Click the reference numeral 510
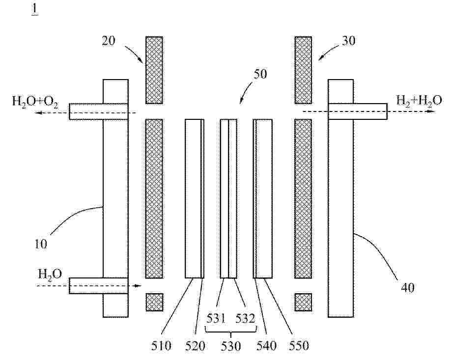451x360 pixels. tap(162, 346)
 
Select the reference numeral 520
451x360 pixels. tap(195, 346)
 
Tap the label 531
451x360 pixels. tap(216, 319)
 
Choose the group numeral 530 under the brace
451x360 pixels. tap(230, 346)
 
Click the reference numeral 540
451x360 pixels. tap(266, 346)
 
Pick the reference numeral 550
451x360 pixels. tap(299, 346)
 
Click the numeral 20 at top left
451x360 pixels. tap(109, 40)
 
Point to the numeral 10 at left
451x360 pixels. tap(41, 244)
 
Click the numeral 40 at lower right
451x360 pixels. tap(407, 287)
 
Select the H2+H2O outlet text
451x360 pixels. tap(419, 101)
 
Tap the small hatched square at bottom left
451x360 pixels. tap(154, 302)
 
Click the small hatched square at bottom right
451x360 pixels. tap(303, 302)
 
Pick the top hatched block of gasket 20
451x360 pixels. tap(154, 70)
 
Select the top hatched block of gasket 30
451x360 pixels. tap(303, 70)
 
